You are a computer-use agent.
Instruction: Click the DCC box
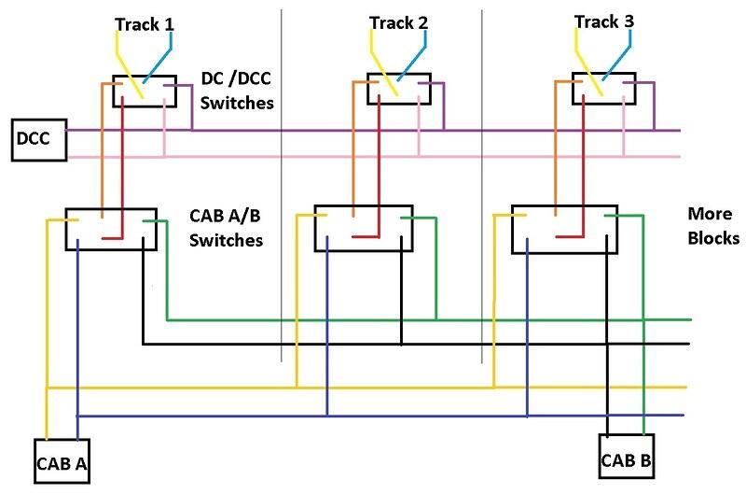coord(36,140)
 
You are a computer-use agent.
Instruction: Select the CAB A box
coord(62,461)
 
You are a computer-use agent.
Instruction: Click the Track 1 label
coord(145,23)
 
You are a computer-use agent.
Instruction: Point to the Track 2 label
coord(397,22)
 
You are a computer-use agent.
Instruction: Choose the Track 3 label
coord(602,22)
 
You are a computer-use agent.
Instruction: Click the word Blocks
coord(712,237)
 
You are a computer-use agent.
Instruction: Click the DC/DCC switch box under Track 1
coord(146,91)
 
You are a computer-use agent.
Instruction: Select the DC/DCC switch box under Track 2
coord(399,89)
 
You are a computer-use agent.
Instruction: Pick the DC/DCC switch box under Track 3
coord(603,90)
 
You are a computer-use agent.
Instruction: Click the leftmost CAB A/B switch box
coord(110,229)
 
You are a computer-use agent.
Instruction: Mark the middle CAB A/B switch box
coord(363,227)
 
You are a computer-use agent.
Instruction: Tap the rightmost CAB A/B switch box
coord(566,228)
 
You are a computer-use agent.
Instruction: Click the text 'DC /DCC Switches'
coord(238,92)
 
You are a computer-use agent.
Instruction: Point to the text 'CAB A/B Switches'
coord(226,228)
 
